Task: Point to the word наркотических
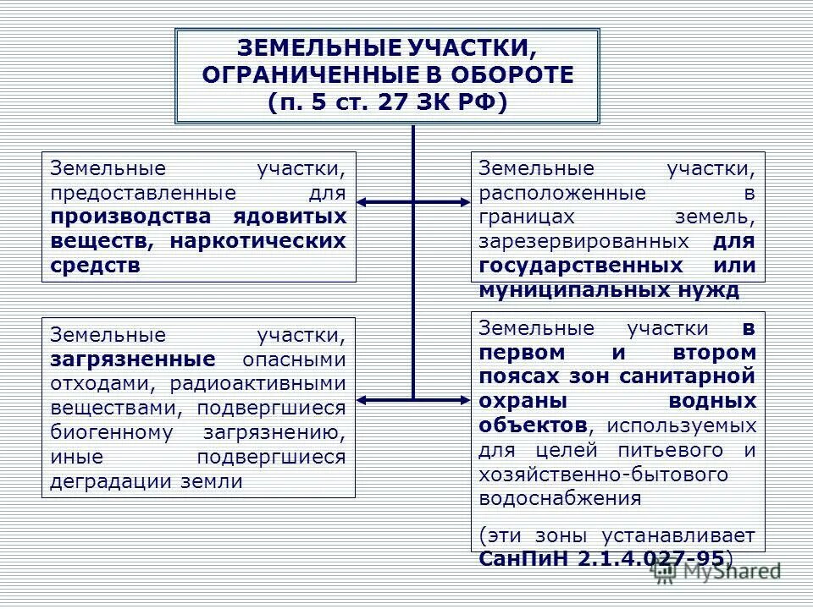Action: tap(258, 241)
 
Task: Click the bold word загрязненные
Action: tap(131, 359)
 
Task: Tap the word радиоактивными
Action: tap(258, 384)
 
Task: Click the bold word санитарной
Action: tap(696, 375)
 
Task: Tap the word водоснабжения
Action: tap(559, 497)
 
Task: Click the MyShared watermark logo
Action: tap(716, 572)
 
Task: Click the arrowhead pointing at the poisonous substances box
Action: tap(362, 202)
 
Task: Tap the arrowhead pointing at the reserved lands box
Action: tap(464, 202)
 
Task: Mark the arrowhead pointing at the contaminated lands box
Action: tap(362, 398)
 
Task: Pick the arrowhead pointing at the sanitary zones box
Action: tap(464, 398)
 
